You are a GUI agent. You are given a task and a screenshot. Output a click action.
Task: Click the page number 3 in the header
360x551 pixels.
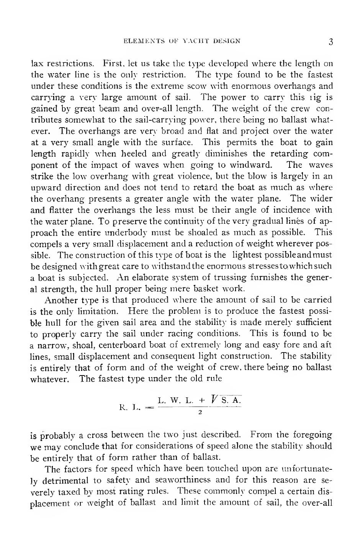point(331,42)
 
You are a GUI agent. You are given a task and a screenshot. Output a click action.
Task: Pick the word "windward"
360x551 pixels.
point(253,165)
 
